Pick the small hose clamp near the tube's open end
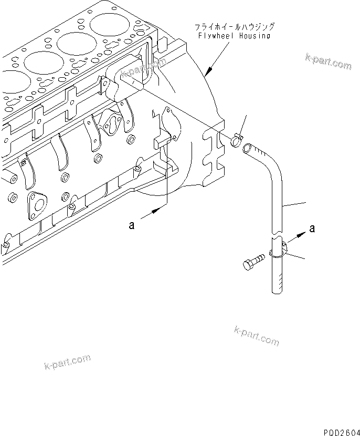[236, 140]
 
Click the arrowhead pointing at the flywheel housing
[208, 70]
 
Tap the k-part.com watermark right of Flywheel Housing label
[328, 61]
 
